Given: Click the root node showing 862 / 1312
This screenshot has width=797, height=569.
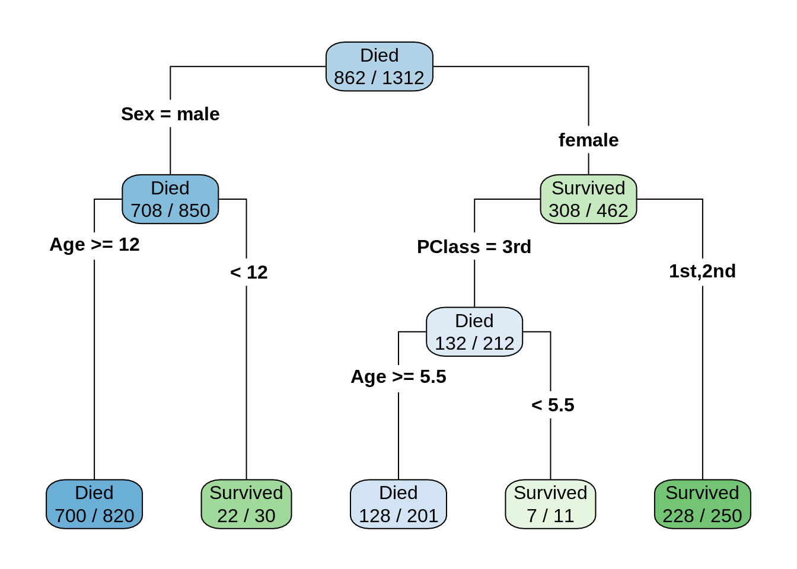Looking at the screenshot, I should click(380, 66).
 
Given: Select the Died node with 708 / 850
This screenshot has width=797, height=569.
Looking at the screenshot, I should click(170, 199).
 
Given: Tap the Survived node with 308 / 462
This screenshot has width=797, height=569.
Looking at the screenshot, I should click(588, 199).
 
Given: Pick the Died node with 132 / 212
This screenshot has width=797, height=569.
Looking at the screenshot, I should click(474, 332).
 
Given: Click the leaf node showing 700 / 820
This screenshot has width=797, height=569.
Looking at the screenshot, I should click(94, 504).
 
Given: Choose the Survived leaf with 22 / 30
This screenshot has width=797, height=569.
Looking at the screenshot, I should click(246, 504).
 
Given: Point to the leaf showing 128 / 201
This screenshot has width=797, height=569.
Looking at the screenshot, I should click(398, 504).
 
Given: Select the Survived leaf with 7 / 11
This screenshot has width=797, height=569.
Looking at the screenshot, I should click(550, 504).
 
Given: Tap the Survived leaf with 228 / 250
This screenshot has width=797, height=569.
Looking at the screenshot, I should click(703, 504).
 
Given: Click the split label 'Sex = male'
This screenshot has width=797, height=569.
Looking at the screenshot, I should click(170, 114).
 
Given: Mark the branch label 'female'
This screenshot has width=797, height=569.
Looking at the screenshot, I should click(588, 140).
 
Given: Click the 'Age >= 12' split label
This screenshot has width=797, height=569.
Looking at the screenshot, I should click(94, 244).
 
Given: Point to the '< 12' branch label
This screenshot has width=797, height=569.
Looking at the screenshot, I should click(249, 272).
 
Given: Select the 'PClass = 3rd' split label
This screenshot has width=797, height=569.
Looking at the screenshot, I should click(474, 247).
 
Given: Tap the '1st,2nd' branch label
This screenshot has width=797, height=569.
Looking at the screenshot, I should click(702, 271).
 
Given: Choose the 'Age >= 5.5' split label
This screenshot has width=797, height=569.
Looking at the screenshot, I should click(398, 376).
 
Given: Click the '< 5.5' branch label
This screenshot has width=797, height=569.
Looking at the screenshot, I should click(553, 405).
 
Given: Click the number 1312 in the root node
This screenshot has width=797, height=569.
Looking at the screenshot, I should click(403, 78).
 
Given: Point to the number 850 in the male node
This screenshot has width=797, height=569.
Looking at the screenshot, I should click(194, 210).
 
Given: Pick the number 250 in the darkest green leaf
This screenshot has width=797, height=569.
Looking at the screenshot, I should click(726, 516).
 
